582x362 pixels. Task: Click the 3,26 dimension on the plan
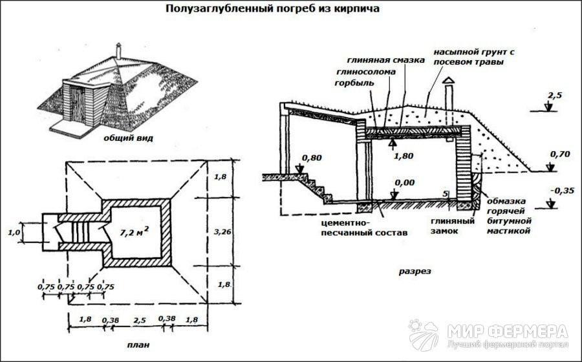(x=222, y=231)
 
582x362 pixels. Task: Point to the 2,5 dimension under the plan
(x=140, y=320)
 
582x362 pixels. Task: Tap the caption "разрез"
(x=415, y=271)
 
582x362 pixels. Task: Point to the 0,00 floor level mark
(x=404, y=183)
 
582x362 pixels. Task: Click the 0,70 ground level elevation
(x=559, y=154)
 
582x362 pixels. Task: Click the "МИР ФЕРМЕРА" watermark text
(x=508, y=331)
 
